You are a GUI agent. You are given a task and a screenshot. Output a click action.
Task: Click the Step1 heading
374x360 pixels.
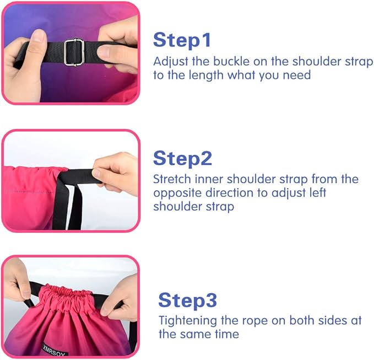pos(182,40)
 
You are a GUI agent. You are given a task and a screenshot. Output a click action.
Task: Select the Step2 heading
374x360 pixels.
pos(182,158)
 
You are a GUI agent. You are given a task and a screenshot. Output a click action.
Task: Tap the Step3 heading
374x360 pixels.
pos(187,300)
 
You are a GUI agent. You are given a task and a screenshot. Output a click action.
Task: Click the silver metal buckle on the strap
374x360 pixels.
pos(74,52)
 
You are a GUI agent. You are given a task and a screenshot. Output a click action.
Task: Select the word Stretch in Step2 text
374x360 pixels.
pos(172,179)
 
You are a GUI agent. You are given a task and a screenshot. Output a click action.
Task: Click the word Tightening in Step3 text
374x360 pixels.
pos(188,321)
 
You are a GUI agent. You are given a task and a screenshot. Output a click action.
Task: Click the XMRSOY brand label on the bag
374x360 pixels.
pos(55,350)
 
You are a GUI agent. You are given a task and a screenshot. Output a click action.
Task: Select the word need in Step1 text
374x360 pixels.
pos(297,75)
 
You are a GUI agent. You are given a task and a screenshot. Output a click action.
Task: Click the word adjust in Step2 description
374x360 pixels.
pos(289,194)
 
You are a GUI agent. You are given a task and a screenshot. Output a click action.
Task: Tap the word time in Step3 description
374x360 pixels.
pos(226,334)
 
